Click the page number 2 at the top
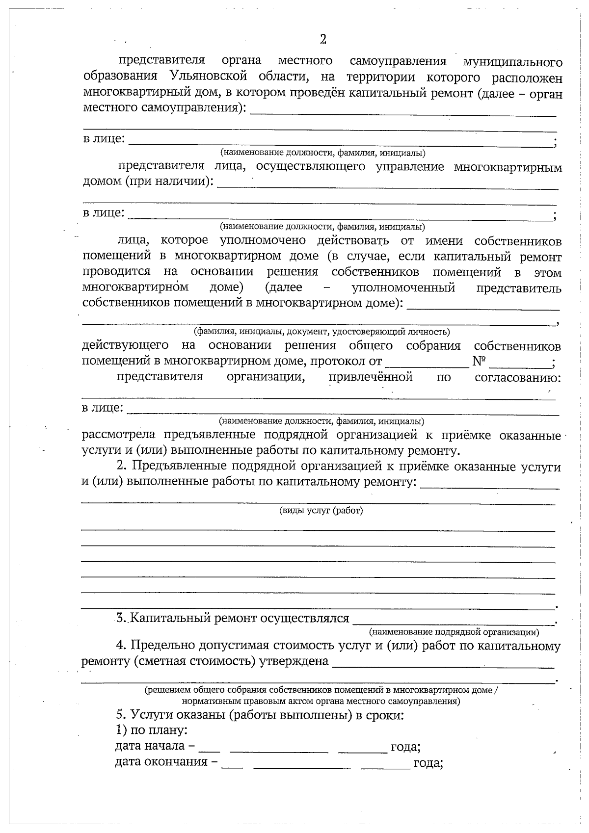click(322, 40)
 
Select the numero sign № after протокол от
click(479, 362)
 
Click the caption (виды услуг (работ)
click(321, 511)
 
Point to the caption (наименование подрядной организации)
click(454, 632)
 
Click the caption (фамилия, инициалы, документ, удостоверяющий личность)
click(321, 332)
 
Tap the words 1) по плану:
click(151, 730)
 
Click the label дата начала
click(150, 746)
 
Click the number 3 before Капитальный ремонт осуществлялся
click(121, 618)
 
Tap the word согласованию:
click(518, 378)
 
